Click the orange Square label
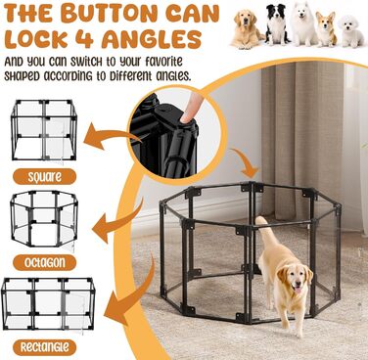(45, 177)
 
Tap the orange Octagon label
(45, 262)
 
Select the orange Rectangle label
(45, 347)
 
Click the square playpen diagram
(44, 130)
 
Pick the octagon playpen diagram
(44, 219)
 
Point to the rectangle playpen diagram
(48, 304)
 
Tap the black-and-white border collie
(276, 24)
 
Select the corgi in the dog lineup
(326, 29)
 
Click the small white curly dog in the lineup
(350, 32)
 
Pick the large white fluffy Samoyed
(303, 23)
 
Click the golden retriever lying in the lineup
(247, 29)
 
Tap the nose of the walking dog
(298, 287)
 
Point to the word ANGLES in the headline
(152, 39)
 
